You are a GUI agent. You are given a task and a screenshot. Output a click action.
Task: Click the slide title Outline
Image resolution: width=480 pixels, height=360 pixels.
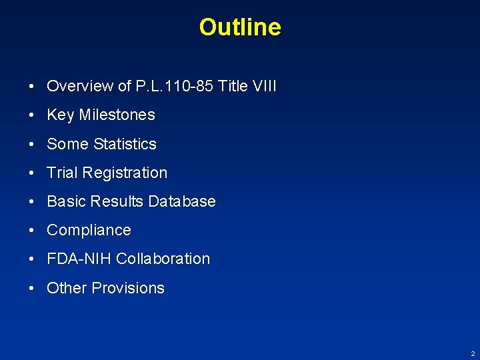(x=240, y=27)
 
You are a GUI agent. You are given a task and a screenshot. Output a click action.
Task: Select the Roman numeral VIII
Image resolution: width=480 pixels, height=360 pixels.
(x=265, y=86)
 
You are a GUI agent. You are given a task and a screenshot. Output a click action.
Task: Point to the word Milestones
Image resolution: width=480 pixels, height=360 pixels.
(x=117, y=115)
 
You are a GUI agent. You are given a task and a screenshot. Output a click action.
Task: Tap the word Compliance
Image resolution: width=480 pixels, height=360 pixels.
(x=89, y=230)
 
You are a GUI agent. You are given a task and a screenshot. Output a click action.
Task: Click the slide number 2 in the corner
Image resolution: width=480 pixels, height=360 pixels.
(x=473, y=353)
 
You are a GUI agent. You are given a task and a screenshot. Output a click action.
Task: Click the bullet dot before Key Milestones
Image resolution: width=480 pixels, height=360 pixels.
(x=32, y=115)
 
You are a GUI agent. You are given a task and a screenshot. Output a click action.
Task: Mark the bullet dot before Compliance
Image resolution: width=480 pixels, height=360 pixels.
(x=32, y=231)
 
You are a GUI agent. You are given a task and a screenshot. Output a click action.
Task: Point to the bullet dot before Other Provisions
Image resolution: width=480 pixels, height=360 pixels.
(x=32, y=289)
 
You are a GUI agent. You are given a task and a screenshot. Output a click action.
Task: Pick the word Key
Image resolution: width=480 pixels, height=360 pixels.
(x=60, y=115)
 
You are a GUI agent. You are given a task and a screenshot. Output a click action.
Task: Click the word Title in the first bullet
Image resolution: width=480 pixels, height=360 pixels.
(x=231, y=86)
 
